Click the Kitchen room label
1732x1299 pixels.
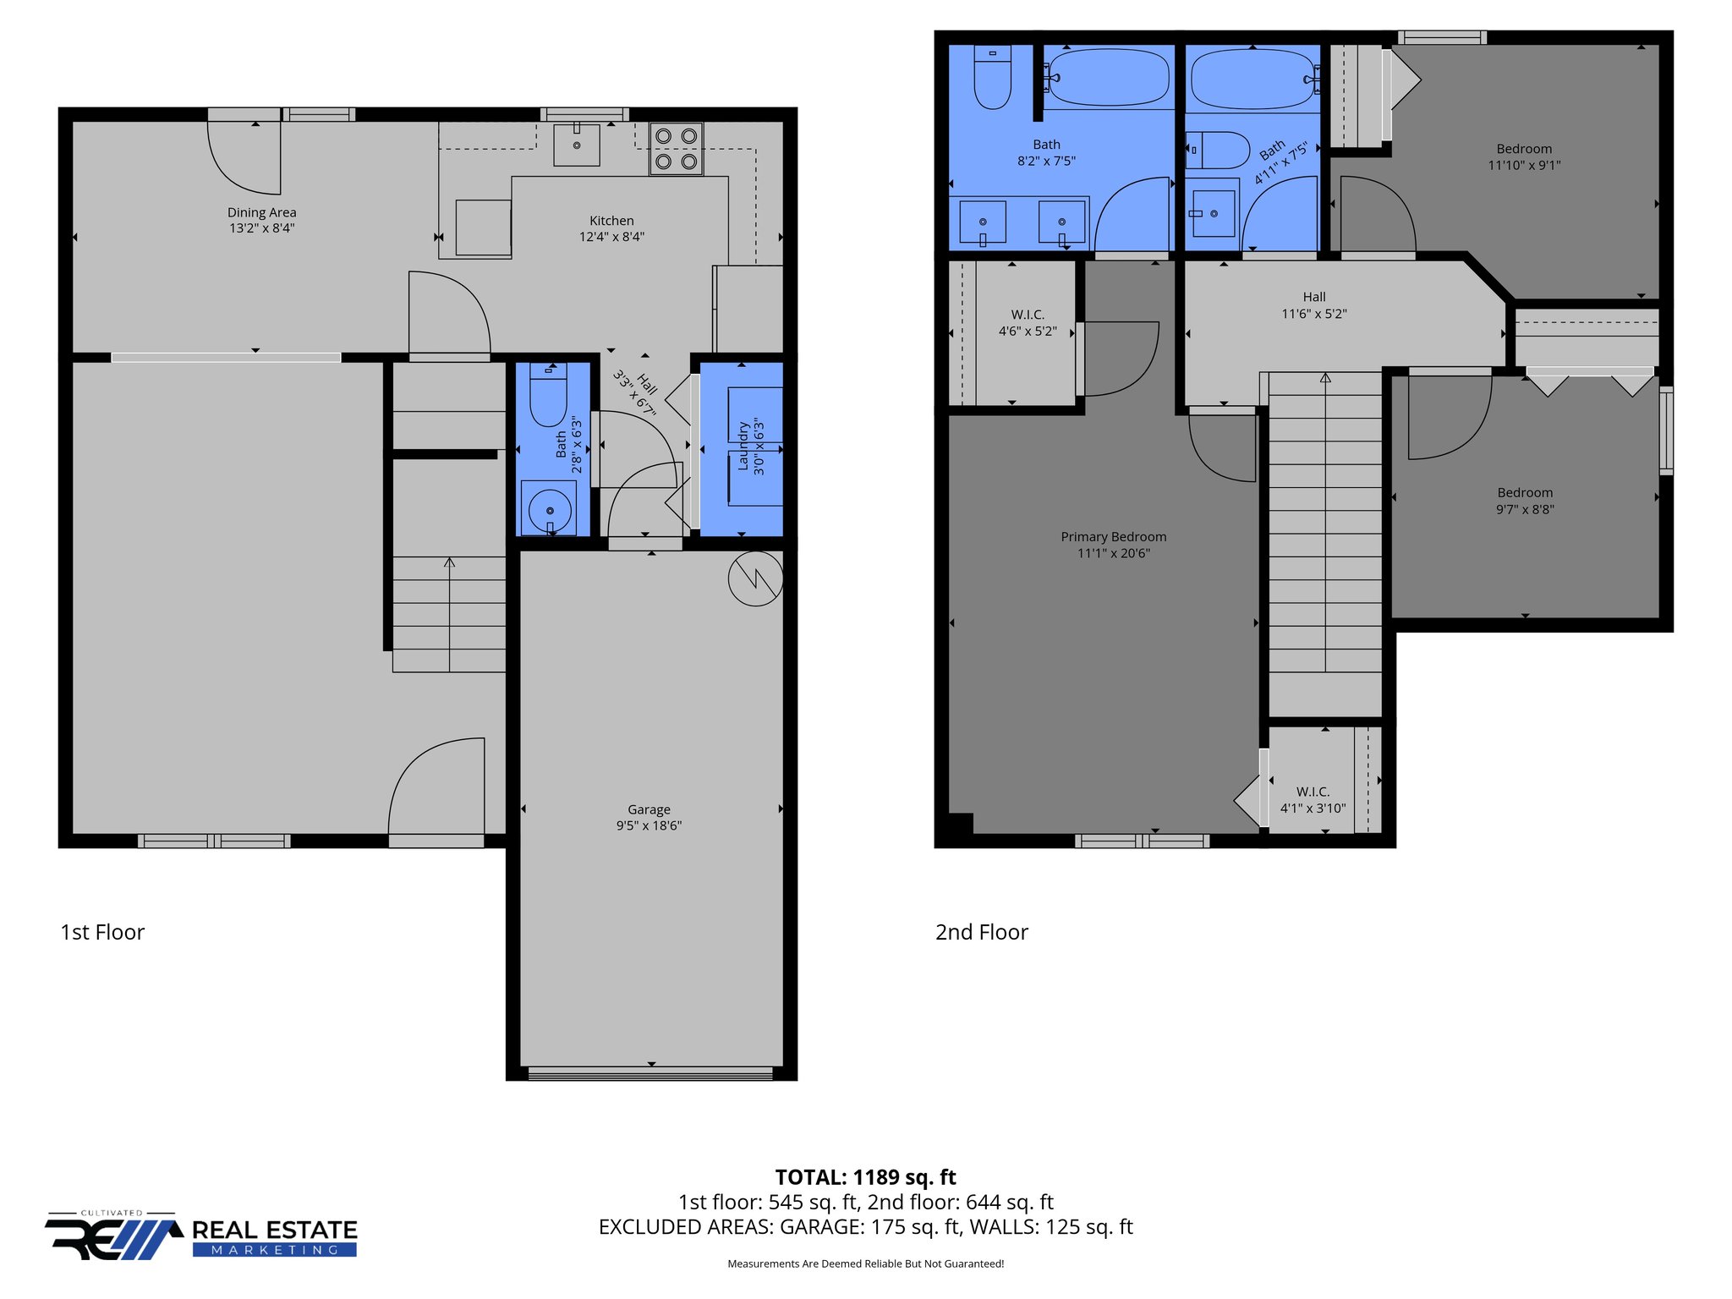tap(611, 221)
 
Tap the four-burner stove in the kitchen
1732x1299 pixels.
tap(676, 149)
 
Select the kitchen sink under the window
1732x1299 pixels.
tap(577, 145)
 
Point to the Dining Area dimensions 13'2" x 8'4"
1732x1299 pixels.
tap(261, 228)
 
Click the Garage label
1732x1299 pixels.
tap(649, 809)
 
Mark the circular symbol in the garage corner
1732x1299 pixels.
tap(755, 579)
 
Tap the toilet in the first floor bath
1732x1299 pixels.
tap(548, 396)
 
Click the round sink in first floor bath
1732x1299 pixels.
tap(549, 509)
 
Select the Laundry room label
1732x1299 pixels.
tap(744, 446)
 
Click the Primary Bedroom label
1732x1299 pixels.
tap(1113, 537)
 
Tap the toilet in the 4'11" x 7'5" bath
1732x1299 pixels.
tap(1218, 151)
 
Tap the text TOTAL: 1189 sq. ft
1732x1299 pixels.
tap(865, 1177)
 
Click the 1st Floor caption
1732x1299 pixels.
tap(102, 932)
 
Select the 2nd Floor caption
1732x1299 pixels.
tap(981, 932)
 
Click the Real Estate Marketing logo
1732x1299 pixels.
tap(201, 1236)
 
